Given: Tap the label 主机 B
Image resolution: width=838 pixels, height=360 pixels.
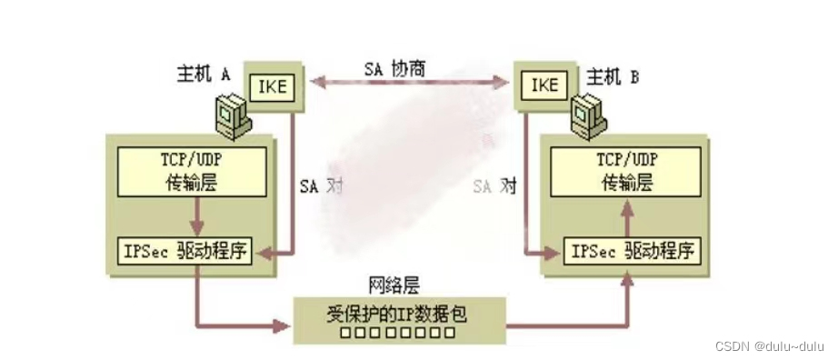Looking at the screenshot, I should tap(609, 77).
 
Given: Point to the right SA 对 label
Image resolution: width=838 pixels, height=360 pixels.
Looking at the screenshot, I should tap(494, 186).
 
